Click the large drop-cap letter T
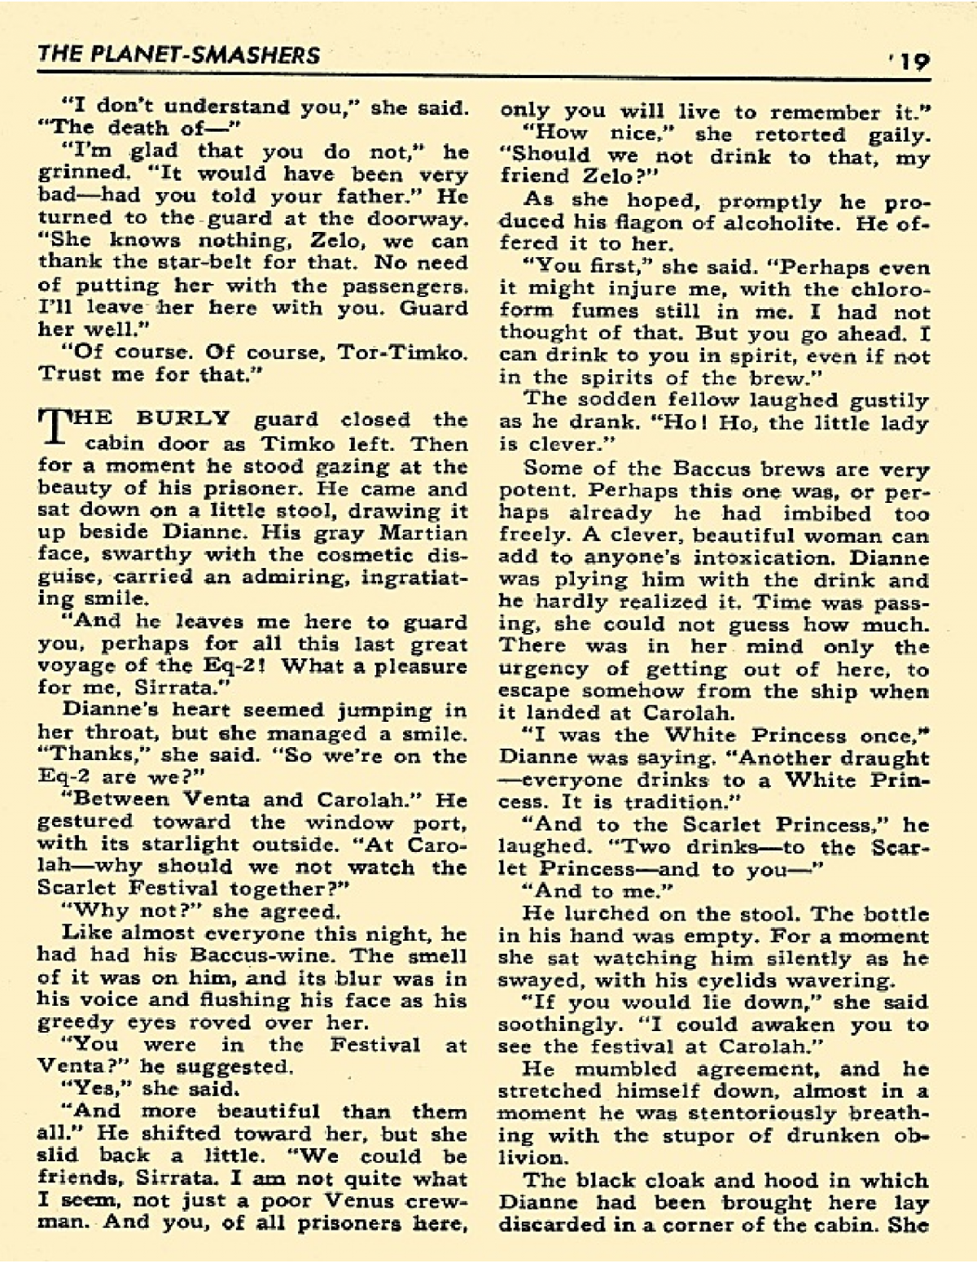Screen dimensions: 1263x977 tap(50, 428)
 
